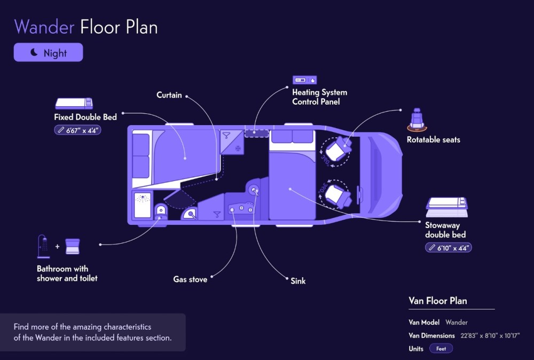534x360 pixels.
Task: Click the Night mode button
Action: [x=49, y=52]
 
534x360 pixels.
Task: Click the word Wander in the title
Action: [x=44, y=27]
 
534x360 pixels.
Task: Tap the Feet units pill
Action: [x=441, y=348]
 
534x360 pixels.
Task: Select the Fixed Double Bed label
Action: [x=85, y=117]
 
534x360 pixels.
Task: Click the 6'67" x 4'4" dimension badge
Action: [x=77, y=130]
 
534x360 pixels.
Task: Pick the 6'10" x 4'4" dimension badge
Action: [x=448, y=248]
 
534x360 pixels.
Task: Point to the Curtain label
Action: [x=169, y=95]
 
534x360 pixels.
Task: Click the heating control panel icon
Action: [x=304, y=80]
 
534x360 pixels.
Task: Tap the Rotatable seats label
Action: [x=433, y=139]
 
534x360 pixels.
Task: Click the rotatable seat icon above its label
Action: [x=417, y=120]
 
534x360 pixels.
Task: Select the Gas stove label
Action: [x=190, y=279]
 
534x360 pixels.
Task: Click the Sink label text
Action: [x=298, y=281]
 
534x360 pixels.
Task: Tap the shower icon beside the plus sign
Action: [x=44, y=246]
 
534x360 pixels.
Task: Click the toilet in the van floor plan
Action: [x=160, y=212]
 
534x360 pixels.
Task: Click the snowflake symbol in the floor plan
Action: [x=238, y=148]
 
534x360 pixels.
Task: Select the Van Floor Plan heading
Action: [x=438, y=301]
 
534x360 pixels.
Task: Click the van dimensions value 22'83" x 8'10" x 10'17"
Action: [x=490, y=336]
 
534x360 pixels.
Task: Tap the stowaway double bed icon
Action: [x=446, y=207]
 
